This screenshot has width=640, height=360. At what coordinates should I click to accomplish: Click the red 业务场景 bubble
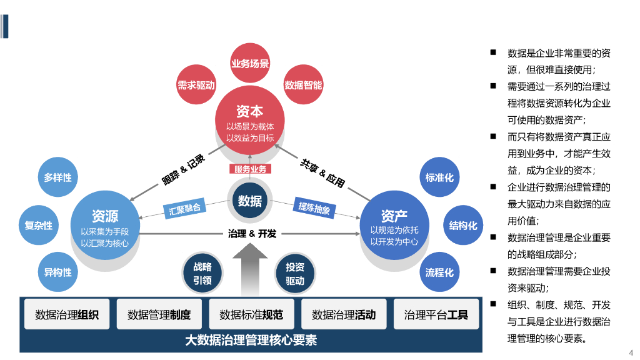(250, 64)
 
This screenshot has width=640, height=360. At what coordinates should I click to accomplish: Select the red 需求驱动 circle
(196, 85)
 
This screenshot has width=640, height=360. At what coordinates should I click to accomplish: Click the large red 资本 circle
(250, 122)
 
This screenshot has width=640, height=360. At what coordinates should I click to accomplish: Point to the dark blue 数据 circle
(250, 201)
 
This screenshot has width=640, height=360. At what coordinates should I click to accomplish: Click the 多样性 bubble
(57, 177)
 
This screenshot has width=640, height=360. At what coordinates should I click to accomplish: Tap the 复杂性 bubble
(39, 225)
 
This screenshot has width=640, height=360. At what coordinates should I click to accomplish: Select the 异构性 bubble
(57, 272)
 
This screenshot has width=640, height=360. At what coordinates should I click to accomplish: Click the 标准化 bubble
(439, 177)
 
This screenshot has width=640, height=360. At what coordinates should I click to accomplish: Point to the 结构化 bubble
(463, 225)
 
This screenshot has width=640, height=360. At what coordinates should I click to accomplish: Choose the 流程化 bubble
(439, 272)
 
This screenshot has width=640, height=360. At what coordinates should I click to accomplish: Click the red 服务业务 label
(250, 169)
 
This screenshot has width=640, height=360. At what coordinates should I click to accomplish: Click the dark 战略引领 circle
(202, 274)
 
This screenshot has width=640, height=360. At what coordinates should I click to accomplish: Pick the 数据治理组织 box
(67, 314)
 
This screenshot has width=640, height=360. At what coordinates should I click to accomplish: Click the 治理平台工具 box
(436, 314)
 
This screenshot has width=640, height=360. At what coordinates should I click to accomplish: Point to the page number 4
(631, 352)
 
